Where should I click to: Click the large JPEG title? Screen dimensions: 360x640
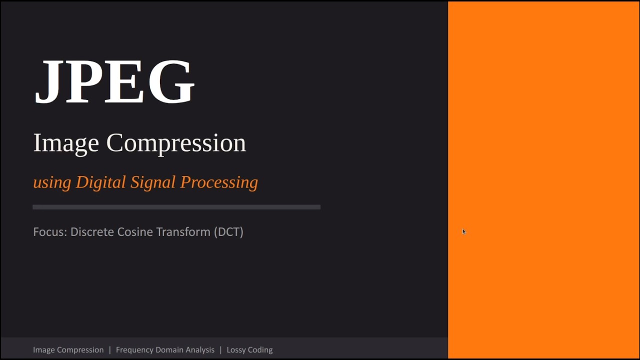pos(114,82)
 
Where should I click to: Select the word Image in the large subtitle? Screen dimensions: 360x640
pos(66,143)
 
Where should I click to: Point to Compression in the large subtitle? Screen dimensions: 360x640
pos(176,143)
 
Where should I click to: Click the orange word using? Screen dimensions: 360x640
pos(52,182)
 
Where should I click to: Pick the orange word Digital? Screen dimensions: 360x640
pos(100,182)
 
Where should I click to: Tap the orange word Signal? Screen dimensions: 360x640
pos(153,182)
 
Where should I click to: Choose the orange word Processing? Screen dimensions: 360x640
pos(219,182)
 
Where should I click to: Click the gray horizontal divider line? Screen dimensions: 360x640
pos(176,207)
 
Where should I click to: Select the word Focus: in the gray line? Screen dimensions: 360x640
pos(50,232)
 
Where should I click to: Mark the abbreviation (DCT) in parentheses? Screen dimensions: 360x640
pos(228,232)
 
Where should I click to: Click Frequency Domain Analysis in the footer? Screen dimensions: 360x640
pos(165,350)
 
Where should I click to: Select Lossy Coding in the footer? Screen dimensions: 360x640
pos(249,350)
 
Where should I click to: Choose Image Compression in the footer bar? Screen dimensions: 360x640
pos(68,350)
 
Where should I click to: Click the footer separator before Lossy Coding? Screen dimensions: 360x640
pos(220,350)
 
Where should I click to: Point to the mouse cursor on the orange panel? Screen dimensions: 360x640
pos(464,231)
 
